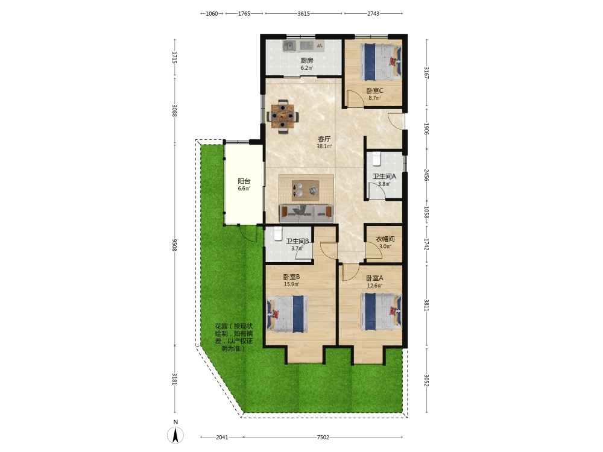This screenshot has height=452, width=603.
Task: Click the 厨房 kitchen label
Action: tap(306, 60)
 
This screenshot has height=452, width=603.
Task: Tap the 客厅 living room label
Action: tap(324, 139)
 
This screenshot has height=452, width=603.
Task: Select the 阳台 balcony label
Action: tap(244, 181)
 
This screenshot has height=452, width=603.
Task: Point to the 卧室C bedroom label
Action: tap(374, 91)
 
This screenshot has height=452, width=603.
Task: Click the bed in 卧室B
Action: tap(288, 313)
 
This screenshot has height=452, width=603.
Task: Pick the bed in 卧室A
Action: tap(380, 312)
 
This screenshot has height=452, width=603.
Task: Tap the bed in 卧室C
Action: tap(380, 62)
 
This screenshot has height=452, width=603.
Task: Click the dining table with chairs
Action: tap(283, 116)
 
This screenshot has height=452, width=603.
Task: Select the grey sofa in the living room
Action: tap(306, 213)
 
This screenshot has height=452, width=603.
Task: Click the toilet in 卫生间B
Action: tap(279, 234)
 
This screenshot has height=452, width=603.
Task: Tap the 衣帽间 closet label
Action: tap(385, 239)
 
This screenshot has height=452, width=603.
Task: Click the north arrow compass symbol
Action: tap(175, 435)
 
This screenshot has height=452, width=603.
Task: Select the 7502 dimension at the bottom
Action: tap(323, 437)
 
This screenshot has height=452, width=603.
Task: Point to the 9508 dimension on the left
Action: tap(175, 245)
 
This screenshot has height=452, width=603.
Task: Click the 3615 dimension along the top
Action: tap(303, 13)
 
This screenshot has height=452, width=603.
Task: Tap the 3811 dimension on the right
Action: tap(426, 305)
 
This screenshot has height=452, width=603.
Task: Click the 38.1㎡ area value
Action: tap(324, 146)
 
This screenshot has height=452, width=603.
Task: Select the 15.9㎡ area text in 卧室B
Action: tap(291, 284)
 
